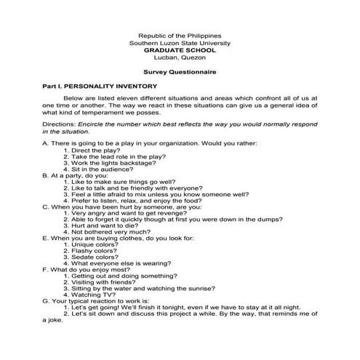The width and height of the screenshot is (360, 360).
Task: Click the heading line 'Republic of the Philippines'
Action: [179, 35]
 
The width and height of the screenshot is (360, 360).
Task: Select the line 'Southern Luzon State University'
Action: [179, 42]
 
